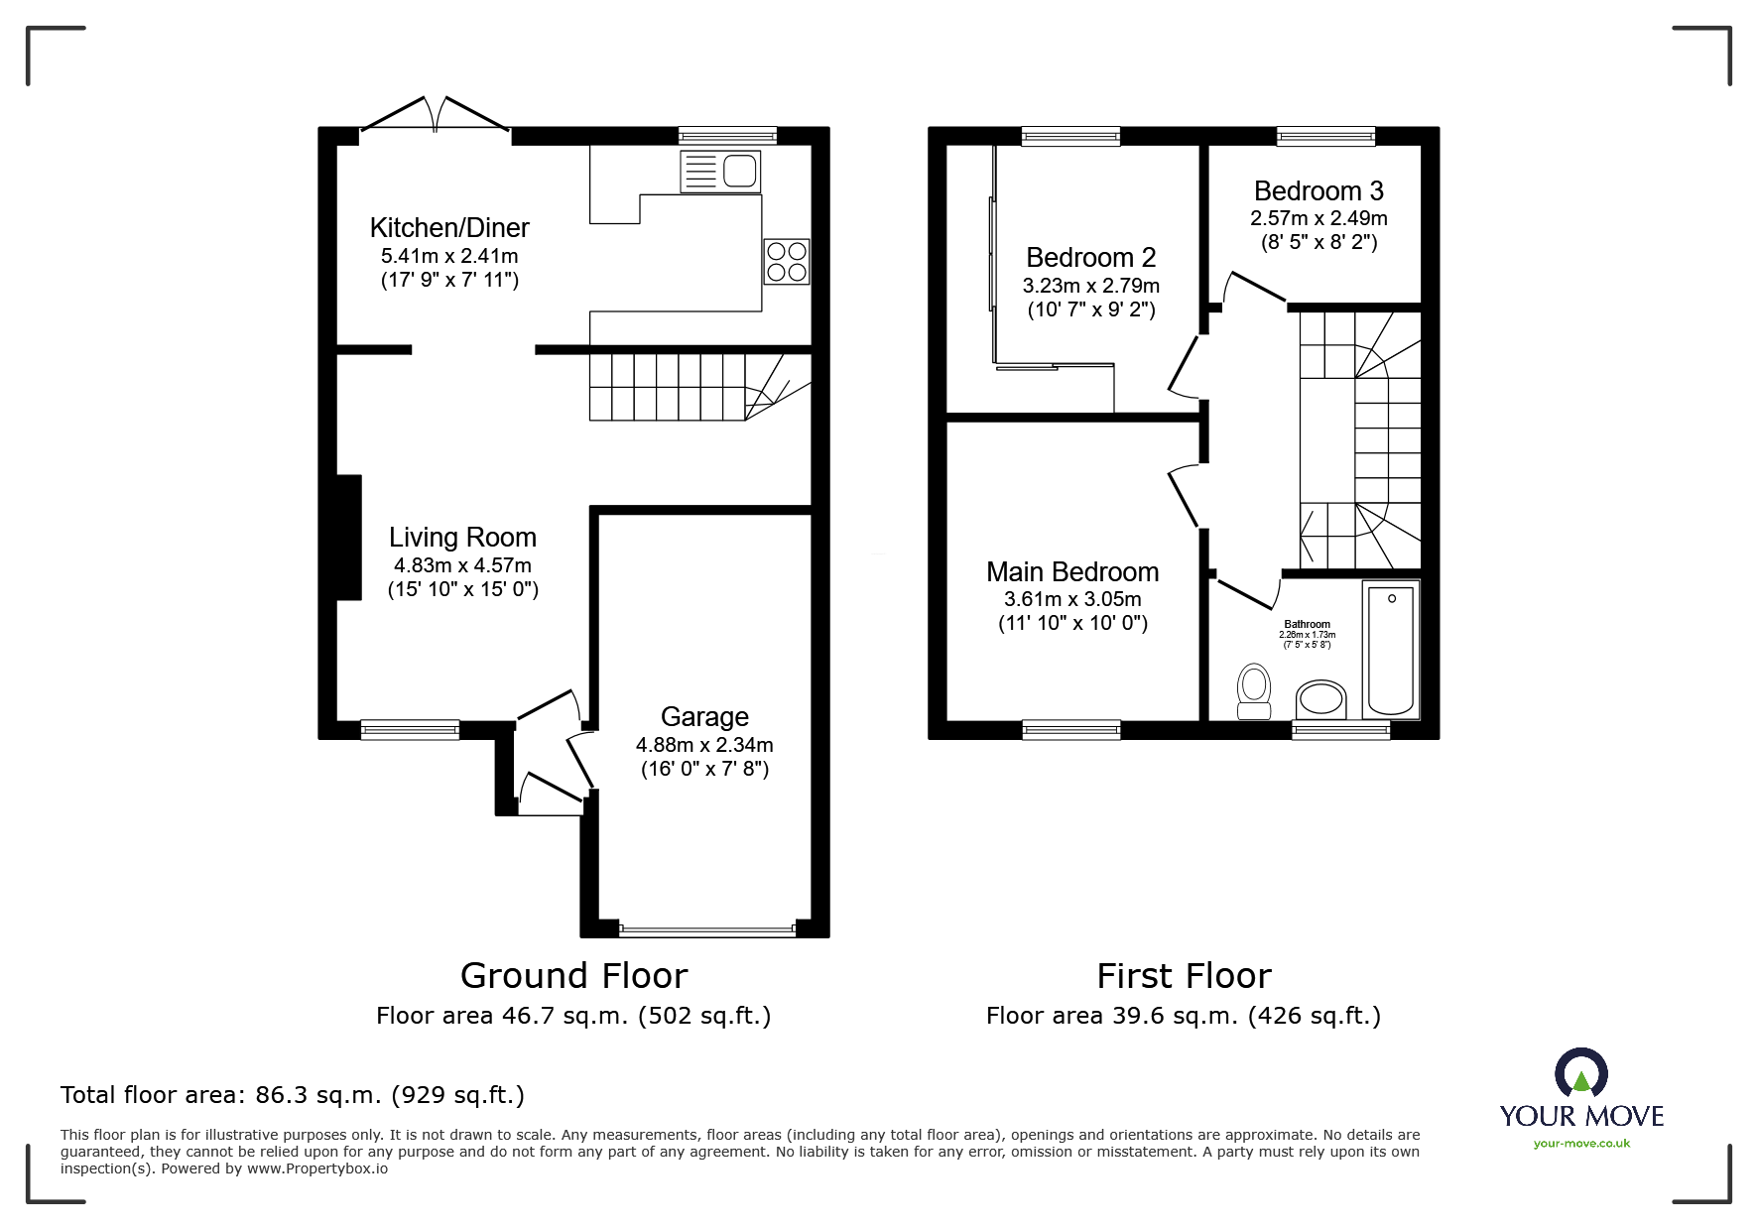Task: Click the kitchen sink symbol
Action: (x=719, y=172)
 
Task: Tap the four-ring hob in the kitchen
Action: (x=787, y=261)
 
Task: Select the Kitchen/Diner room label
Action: (x=449, y=227)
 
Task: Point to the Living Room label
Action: (x=462, y=538)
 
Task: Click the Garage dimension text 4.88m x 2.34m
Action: (x=704, y=745)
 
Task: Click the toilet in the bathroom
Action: (x=1255, y=690)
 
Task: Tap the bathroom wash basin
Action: (x=1321, y=698)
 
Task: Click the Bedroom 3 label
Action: (x=1318, y=190)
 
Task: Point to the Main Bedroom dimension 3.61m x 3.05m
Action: (x=1072, y=599)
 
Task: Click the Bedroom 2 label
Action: (x=1090, y=258)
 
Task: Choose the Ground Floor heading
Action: (x=573, y=976)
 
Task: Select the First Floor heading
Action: (x=1184, y=976)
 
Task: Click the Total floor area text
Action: (x=293, y=1095)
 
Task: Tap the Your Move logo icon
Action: (x=1581, y=1072)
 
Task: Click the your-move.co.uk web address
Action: (x=1581, y=1144)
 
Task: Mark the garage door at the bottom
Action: (x=707, y=930)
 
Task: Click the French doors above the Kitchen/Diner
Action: (x=436, y=113)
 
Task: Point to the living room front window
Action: (x=410, y=730)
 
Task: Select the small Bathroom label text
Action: (x=1307, y=625)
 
